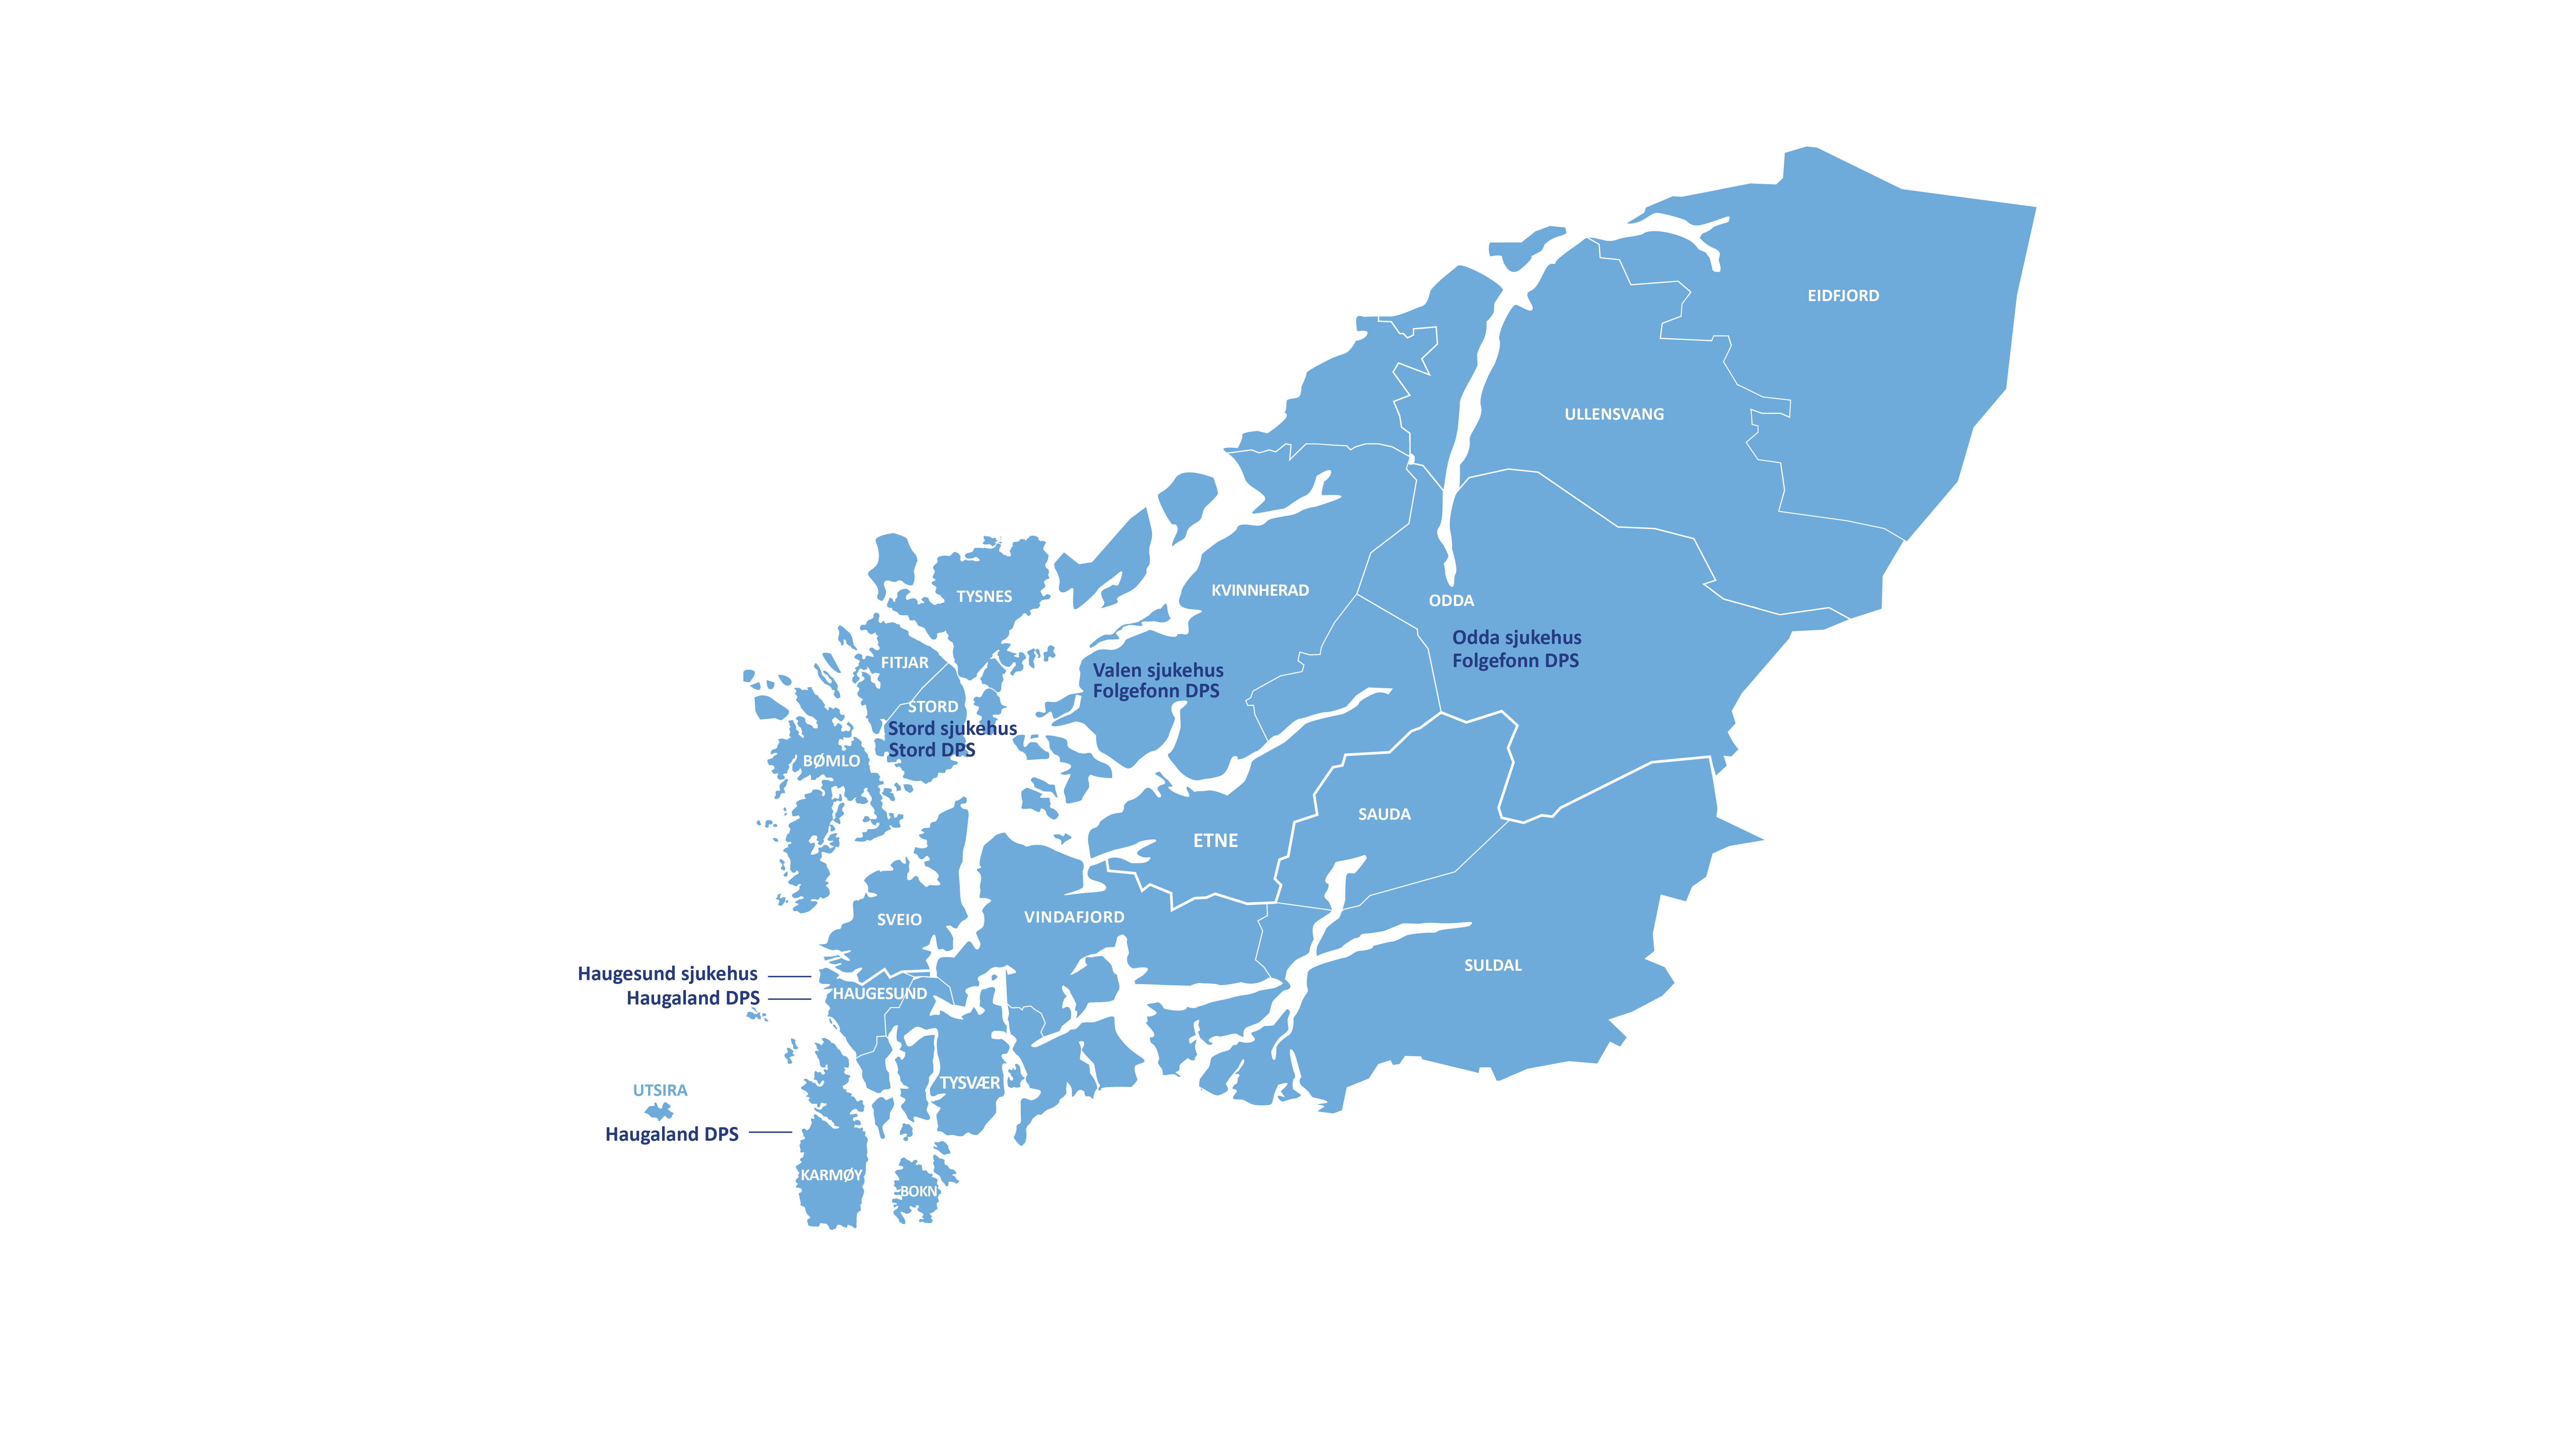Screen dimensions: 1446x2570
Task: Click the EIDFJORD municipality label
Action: click(x=1843, y=295)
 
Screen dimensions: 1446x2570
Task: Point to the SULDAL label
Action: click(x=1493, y=965)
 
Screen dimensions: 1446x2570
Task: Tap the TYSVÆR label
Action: click(x=969, y=1083)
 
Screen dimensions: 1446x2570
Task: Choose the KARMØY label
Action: click(x=830, y=1174)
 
